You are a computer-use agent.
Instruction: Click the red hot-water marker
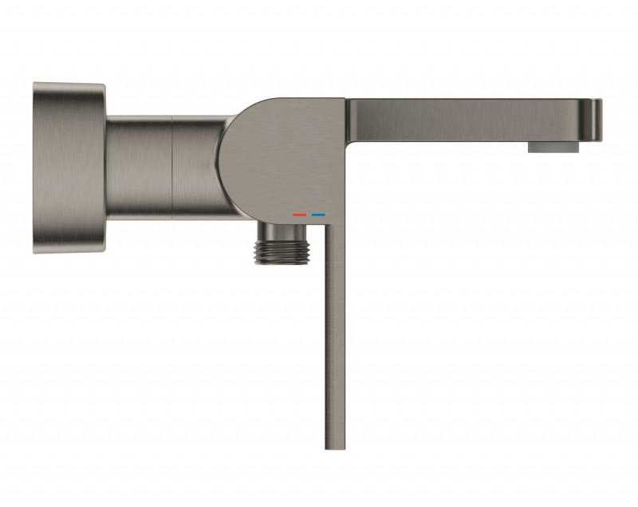(300, 214)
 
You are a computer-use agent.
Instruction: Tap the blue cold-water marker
(318, 214)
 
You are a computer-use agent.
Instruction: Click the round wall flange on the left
(69, 167)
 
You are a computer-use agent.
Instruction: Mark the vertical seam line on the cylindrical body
(173, 167)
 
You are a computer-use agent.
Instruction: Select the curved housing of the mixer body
(271, 159)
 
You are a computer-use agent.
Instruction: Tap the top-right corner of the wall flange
(102, 87)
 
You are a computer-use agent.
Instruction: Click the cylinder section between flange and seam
(140, 167)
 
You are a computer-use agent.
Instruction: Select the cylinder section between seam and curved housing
(195, 167)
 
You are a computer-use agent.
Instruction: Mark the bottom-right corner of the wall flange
(102, 248)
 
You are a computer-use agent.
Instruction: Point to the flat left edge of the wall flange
(34, 167)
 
